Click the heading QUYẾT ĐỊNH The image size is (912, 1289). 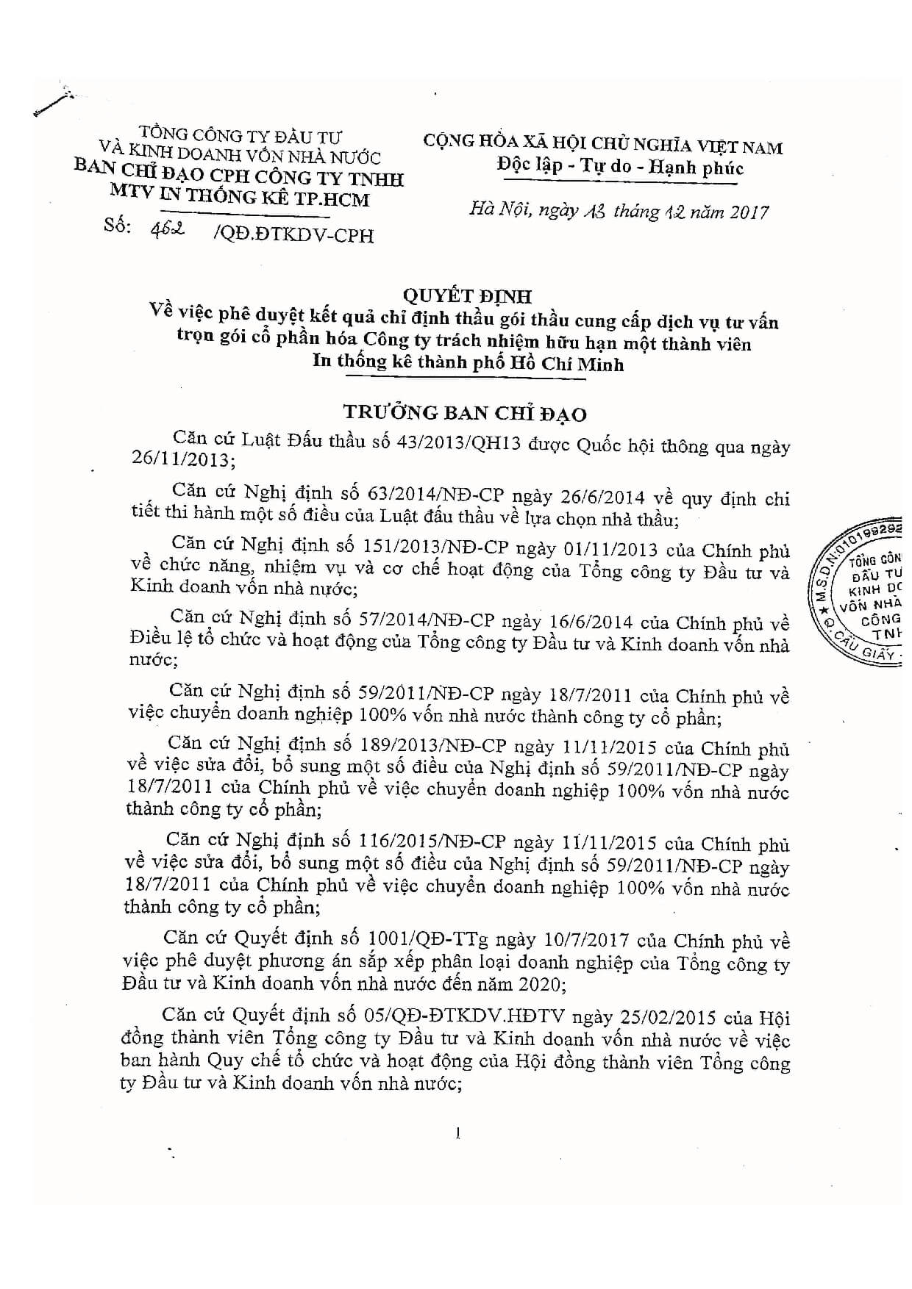pos(467,296)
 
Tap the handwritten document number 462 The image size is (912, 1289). pos(168,229)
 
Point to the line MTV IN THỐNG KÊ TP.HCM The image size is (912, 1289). pos(239,198)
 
